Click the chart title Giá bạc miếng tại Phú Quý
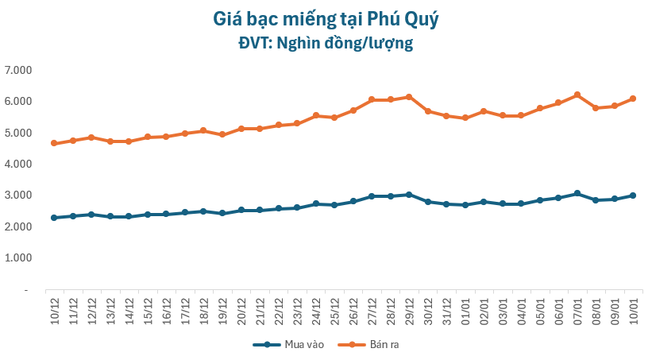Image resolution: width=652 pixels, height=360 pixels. point(326,17)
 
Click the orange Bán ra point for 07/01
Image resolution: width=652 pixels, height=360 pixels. point(577,95)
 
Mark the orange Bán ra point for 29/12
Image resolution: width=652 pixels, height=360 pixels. point(409,97)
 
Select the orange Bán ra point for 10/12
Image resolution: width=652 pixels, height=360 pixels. point(54,143)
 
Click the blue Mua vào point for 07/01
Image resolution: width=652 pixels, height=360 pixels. point(577,193)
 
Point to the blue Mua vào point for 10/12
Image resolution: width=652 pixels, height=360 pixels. point(54,218)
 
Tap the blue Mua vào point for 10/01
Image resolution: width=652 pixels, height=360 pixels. point(633,195)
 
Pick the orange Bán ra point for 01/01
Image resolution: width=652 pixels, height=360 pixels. point(465,118)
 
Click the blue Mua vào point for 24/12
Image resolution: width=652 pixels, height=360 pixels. point(316,203)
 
